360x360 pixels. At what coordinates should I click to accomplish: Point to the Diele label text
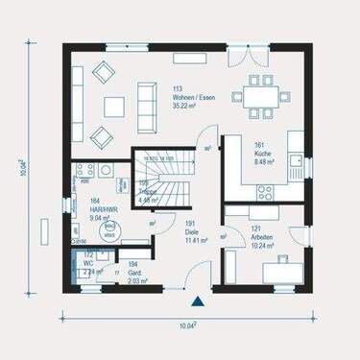click(191, 231)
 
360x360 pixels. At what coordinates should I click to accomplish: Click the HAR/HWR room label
click(104, 209)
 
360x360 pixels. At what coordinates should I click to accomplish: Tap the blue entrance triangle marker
click(197, 301)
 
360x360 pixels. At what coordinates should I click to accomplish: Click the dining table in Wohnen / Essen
click(264, 97)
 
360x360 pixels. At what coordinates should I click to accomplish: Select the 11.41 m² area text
click(196, 240)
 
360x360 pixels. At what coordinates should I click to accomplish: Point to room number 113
click(177, 89)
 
